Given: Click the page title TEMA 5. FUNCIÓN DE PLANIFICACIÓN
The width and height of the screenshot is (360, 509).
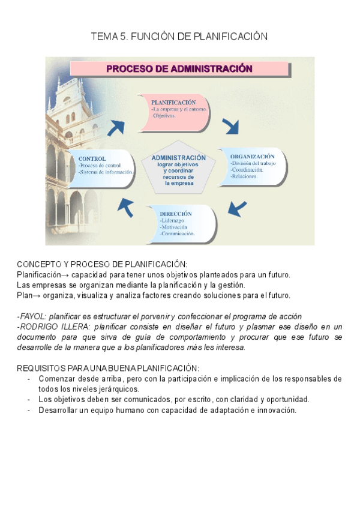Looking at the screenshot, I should pos(179,37).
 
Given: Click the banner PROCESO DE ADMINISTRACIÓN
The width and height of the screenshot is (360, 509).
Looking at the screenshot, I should pos(179,68).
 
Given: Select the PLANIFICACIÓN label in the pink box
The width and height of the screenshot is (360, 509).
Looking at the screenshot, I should pos(173,103).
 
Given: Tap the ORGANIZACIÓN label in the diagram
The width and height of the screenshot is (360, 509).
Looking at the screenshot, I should pos(252,156).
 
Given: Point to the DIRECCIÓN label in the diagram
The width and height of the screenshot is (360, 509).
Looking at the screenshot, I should pos(176,213).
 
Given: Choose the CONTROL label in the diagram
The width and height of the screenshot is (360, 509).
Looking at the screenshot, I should pos(92,158).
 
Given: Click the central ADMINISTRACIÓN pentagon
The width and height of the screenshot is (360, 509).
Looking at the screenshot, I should pos(178,170).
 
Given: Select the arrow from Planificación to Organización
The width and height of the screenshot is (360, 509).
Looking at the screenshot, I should pos(230,126).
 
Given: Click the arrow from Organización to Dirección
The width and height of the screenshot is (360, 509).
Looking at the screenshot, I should pos(238,208).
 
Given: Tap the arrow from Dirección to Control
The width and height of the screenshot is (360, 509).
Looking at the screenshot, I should pos(125,208).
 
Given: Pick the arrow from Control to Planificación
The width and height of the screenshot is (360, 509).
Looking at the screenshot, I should pos(118,127).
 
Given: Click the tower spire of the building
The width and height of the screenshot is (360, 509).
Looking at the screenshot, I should pos(58,84).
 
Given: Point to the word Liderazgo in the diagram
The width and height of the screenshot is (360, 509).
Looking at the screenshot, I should pos(174,220).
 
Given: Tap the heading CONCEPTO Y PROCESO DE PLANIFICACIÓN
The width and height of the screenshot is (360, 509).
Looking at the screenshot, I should pos(102,264).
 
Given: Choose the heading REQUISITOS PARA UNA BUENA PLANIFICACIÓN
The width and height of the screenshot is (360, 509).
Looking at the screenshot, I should pos(108,368).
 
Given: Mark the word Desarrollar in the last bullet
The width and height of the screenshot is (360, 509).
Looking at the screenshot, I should pos(59,411).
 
